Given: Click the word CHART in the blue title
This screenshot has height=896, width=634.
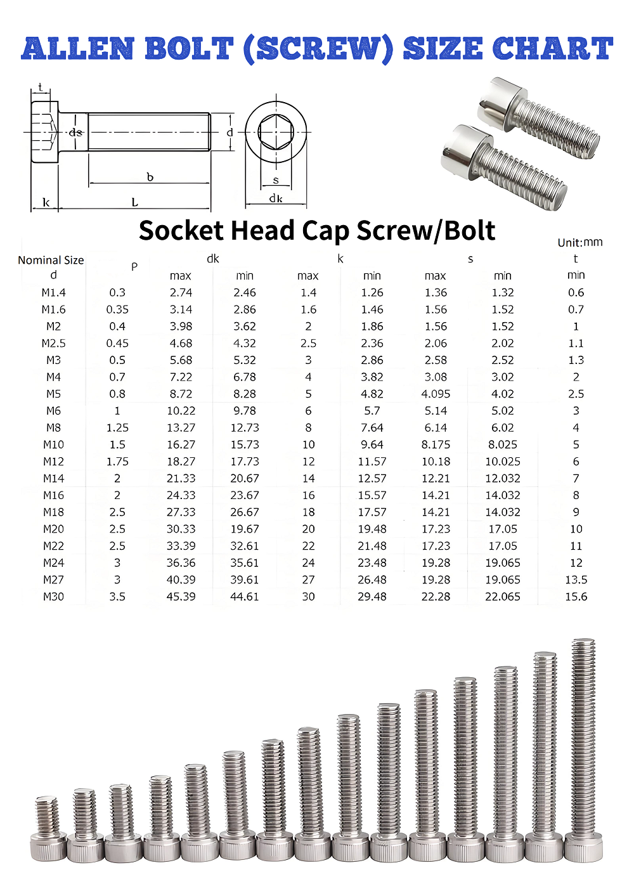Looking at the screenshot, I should click(x=552, y=49).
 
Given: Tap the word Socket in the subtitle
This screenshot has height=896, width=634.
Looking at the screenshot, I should click(x=179, y=231).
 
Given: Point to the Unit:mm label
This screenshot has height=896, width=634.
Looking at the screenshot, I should click(x=579, y=242).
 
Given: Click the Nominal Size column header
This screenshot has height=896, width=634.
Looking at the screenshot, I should click(x=51, y=260).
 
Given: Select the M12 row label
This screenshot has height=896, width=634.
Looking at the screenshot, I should click(x=53, y=462).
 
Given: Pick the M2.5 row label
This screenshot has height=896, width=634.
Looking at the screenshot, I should click(x=53, y=343).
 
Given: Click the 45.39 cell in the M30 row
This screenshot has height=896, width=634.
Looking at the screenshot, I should click(x=181, y=597).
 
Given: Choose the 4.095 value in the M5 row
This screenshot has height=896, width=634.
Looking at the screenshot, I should click(x=436, y=394).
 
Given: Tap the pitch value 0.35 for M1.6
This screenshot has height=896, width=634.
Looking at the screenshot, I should click(x=117, y=309).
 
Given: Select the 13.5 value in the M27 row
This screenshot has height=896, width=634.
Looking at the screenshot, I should click(x=576, y=580).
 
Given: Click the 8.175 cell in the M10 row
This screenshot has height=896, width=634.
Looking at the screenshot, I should click(x=436, y=445).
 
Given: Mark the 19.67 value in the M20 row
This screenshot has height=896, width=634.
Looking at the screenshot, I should click(x=244, y=529).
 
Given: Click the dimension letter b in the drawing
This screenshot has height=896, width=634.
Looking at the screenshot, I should click(x=150, y=177).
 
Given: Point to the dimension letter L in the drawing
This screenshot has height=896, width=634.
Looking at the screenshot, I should click(x=134, y=202).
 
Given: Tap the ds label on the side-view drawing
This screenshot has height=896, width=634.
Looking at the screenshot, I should click(x=75, y=132).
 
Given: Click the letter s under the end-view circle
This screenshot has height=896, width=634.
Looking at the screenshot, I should click(x=276, y=181).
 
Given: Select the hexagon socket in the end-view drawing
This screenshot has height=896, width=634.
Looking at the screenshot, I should click(x=276, y=133).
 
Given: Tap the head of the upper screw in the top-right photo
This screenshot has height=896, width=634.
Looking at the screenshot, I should click(x=500, y=101).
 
